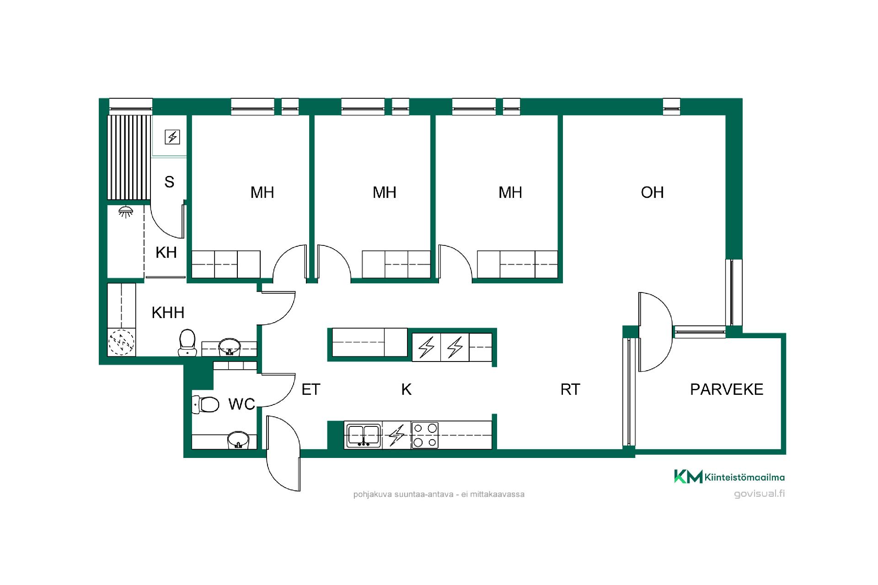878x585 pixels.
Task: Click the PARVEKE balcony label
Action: click(727, 389)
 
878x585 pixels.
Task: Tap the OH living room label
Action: click(652, 192)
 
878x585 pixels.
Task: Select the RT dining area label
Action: click(570, 389)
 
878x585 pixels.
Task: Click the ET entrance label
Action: click(311, 389)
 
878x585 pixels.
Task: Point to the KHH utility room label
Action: click(168, 313)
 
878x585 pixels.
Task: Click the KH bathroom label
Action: click(166, 252)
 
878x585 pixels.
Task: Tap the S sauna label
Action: click(169, 182)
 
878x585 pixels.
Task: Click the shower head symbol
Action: click(125, 212)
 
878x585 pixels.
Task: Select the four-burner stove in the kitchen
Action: click(425, 435)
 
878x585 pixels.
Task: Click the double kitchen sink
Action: click(364, 436)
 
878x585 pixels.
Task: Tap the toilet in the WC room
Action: click(205, 404)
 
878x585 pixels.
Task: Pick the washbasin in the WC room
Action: click(238, 440)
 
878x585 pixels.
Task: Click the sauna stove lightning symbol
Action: click(172, 137)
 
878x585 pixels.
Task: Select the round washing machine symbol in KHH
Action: click(121, 342)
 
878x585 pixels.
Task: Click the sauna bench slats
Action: click(129, 158)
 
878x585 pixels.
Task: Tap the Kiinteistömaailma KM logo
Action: click(729, 477)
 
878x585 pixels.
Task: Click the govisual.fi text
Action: click(759, 494)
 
